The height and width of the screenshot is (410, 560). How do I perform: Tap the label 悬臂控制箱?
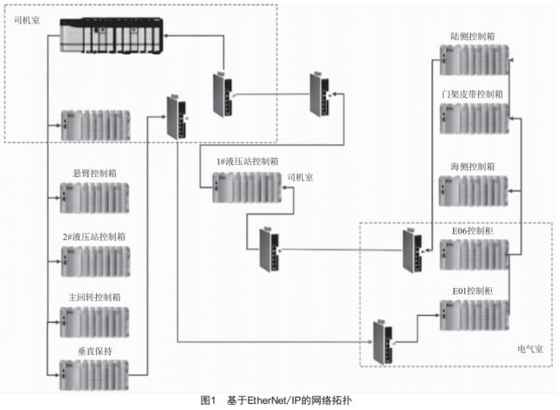94,173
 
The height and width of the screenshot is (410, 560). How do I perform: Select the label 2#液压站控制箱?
94,236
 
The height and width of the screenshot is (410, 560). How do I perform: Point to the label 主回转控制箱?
94,297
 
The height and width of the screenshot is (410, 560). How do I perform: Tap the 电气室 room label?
530,349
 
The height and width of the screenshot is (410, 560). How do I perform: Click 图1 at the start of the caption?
208,399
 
